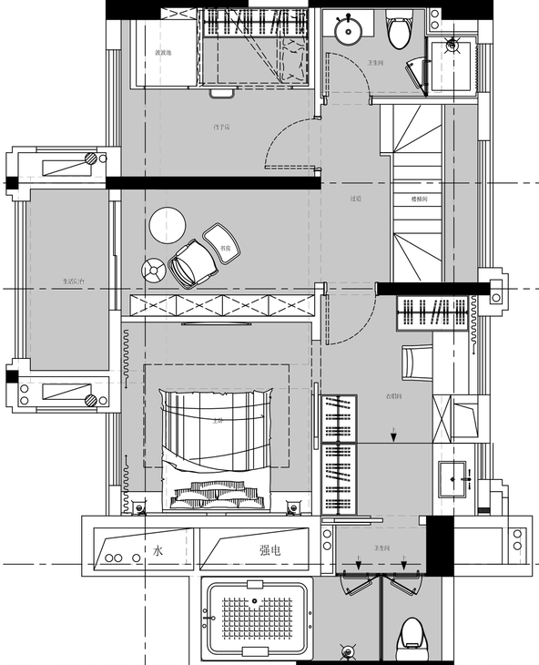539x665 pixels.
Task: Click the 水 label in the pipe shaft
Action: (x=158, y=550)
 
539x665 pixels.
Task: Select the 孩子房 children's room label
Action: (x=220, y=127)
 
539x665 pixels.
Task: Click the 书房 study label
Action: (x=225, y=247)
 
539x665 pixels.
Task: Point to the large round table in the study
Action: (x=168, y=225)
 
